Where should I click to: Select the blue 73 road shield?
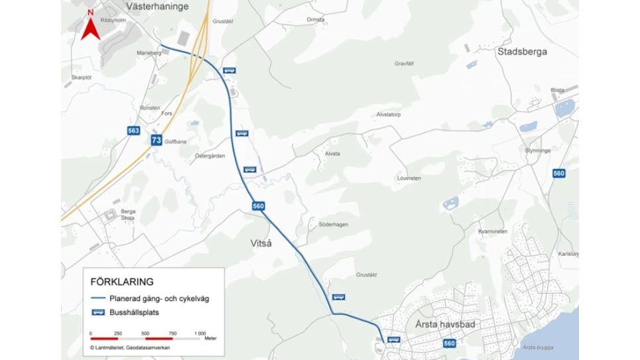click(156, 140)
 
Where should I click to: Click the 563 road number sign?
click(134, 131)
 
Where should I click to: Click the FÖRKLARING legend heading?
click(123, 281)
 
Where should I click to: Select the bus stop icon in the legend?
click(97, 312)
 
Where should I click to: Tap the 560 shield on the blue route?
click(259, 206)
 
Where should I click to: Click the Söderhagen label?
click(333, 225)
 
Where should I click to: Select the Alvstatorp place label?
click(389, 114)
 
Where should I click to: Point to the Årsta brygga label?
click(537, 348)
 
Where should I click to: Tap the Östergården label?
click(210, 156)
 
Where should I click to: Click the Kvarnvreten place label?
click(492, 231)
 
